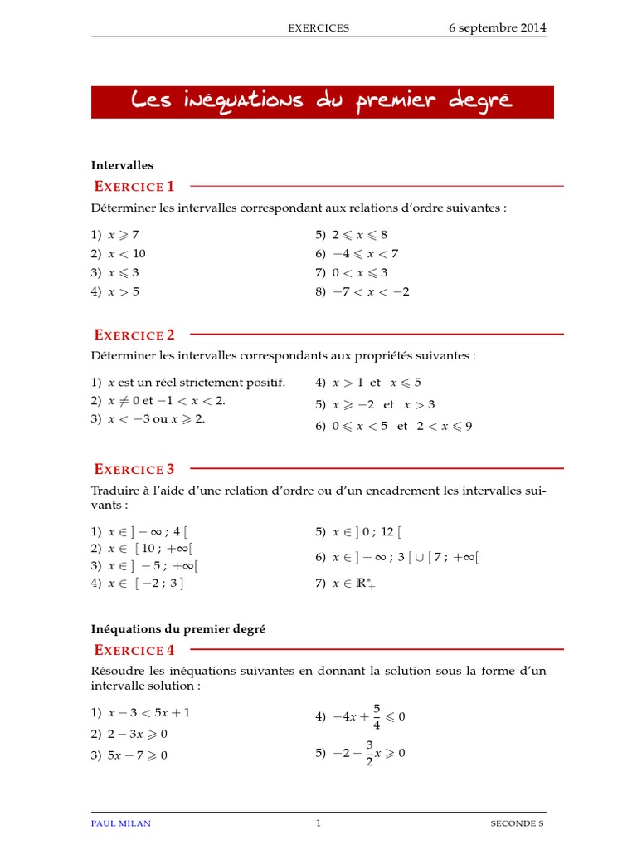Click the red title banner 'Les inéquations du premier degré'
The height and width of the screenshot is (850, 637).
(322, 101)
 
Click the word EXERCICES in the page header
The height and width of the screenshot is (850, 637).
(318, 28)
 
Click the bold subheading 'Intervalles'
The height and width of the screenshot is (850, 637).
(122, 165)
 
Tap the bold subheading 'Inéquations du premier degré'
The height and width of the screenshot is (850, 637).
(178, 629)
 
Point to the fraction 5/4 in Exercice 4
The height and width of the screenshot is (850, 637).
(377, 716)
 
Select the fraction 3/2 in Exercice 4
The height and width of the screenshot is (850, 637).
(370, 754)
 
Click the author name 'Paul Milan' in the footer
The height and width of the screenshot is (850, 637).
(121, 823)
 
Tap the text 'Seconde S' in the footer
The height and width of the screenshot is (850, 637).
(518, 823)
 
